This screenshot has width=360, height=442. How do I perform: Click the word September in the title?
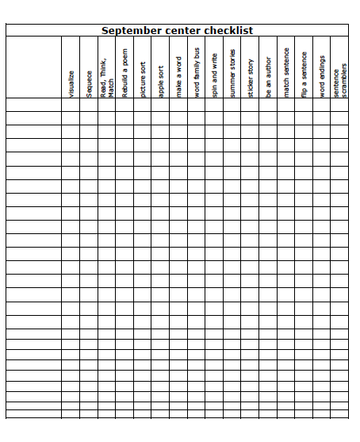click(129, 31)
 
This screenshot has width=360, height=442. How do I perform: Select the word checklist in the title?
click(228, 31)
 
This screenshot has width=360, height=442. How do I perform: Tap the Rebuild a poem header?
click(125, 72)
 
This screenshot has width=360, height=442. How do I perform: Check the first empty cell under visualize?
click(71, 104)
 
